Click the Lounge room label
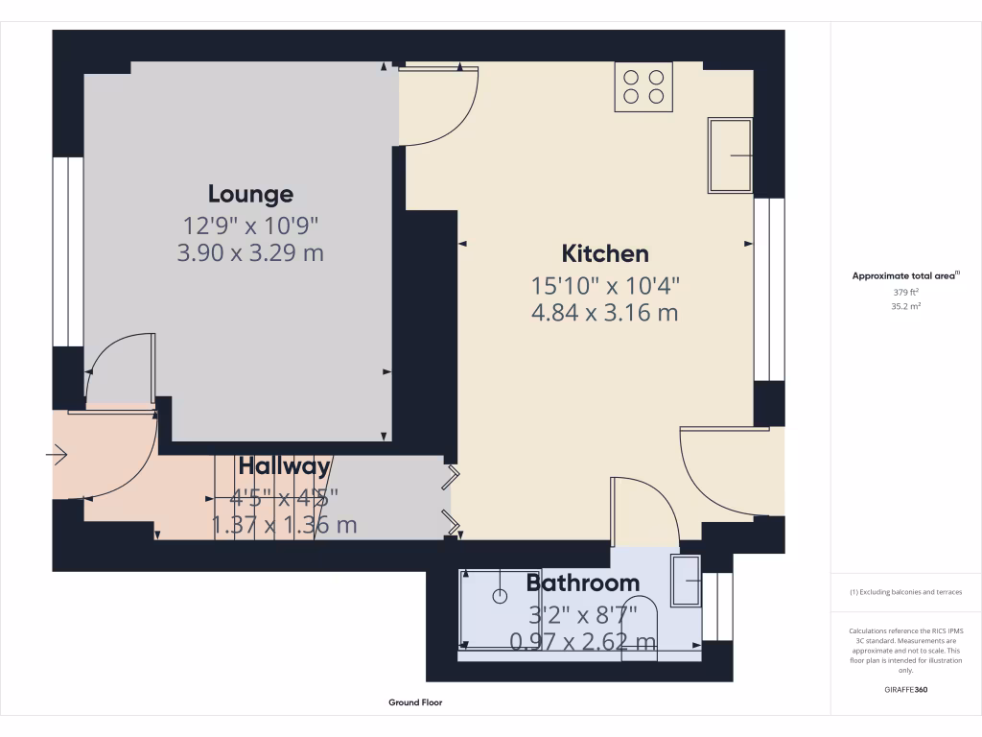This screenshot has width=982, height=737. pos(250,194)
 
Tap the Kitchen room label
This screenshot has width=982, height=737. pos(605,253)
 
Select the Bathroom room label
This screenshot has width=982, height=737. pos(582,582)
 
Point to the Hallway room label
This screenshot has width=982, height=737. pos(284,466)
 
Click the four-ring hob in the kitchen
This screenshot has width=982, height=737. pos(643,85)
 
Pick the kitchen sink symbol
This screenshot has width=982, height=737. pos(730,155)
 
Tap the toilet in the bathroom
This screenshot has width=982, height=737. pos(640,629)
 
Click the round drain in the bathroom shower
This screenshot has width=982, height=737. pos(499,596)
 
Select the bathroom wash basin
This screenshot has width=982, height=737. pos(685,580)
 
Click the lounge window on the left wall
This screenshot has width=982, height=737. pos(68,251)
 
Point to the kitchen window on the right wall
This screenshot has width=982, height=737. pos(769,289)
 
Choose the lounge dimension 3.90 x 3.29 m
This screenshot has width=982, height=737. pos(250,254)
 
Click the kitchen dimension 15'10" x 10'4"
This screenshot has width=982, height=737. pos(605,285)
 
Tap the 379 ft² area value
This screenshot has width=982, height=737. pos(906,293)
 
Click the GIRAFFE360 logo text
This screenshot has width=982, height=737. pos(906,690)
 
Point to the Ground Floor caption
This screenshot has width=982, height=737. pos(415,702)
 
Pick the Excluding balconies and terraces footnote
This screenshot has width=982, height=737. pos(906,592)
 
